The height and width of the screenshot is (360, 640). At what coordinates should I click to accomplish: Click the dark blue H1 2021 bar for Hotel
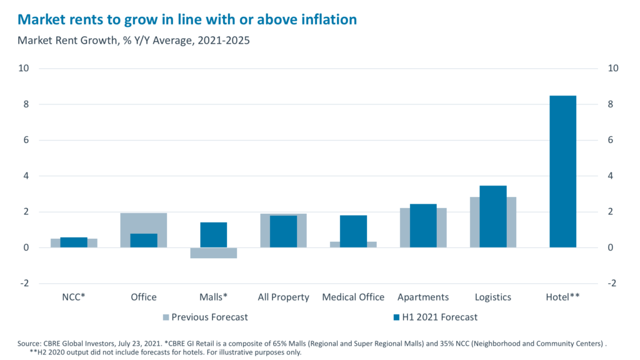click(562, 171)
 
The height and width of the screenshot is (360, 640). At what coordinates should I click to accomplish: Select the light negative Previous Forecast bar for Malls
click(214, 253)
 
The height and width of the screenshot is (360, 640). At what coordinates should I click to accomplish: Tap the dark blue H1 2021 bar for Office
click(144, 241)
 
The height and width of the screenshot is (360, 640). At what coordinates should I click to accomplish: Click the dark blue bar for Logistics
click(493, 216)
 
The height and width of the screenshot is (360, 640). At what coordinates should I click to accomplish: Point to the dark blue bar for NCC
click(74, 242)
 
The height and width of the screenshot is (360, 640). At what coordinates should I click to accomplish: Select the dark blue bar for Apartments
click(423, 226)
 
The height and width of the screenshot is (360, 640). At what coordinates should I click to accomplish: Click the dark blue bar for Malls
click(214, 235)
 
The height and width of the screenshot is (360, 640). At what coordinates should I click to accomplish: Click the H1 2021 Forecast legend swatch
click(395, 317)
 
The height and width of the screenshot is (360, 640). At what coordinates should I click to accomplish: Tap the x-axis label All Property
click(283, 297)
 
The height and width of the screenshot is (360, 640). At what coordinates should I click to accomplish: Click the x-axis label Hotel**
click(562, 297)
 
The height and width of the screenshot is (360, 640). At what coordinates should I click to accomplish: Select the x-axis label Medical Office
click(353, 297)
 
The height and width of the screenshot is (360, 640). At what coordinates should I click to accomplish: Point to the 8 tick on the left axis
click(26, 104)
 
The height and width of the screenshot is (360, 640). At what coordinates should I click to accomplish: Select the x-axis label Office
click(144, 297)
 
